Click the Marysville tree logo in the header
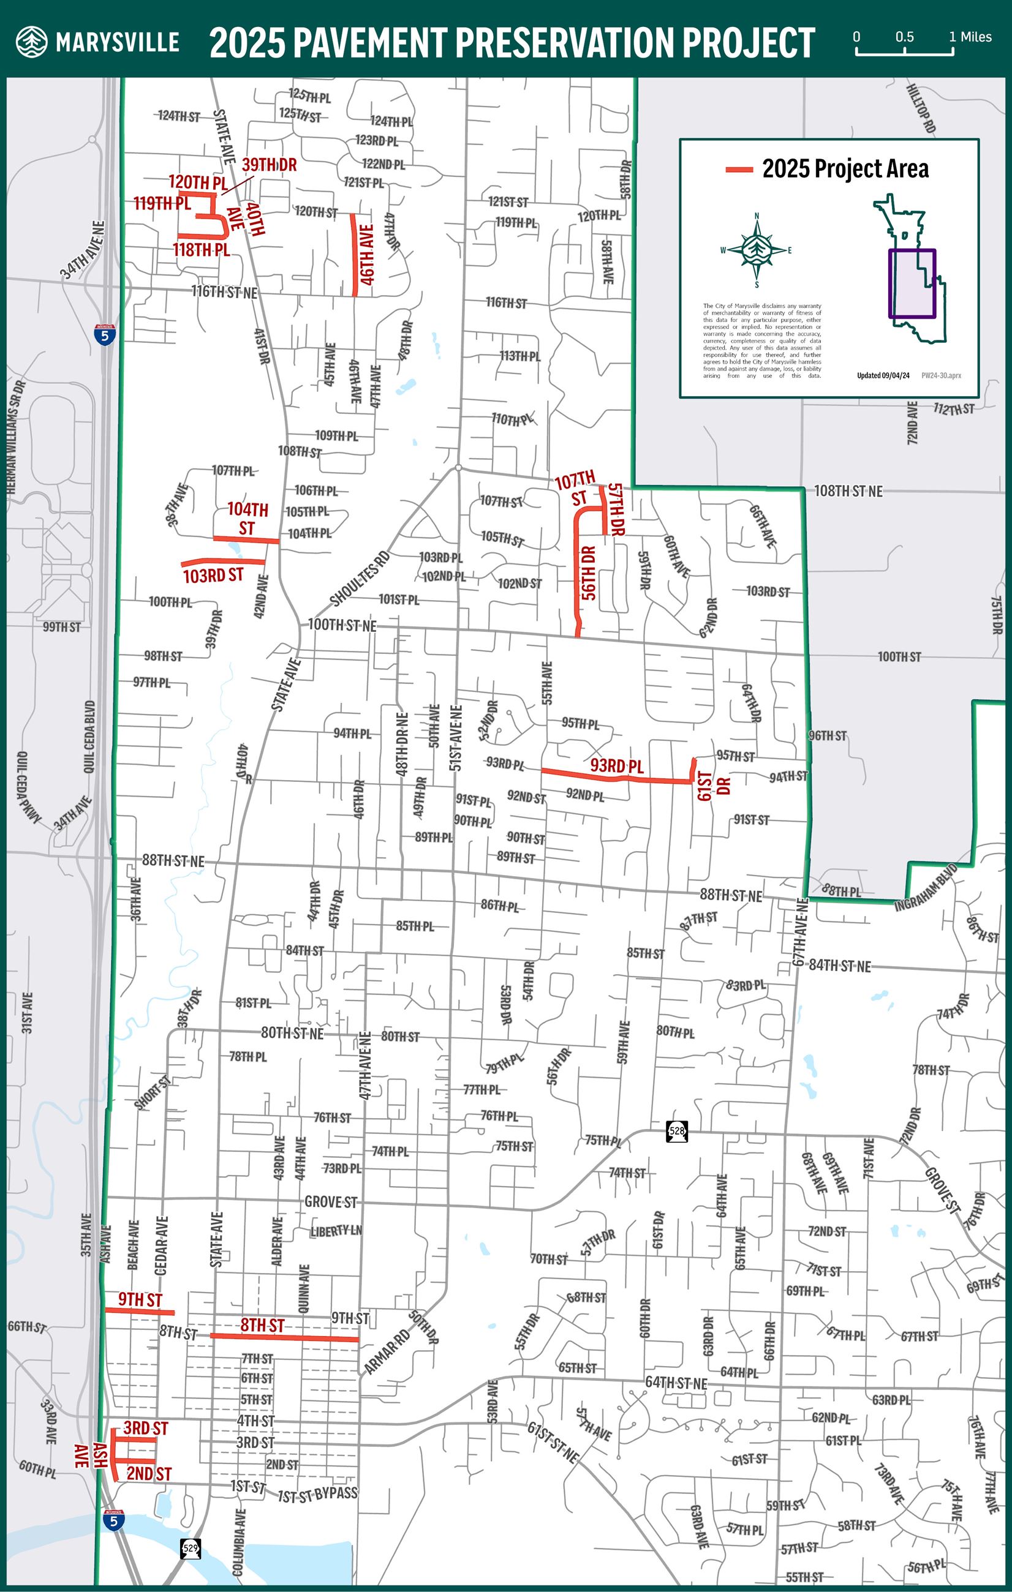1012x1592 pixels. coord(32,42)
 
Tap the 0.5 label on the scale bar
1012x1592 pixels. coord(904,37)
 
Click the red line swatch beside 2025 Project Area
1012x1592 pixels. coord(739,170)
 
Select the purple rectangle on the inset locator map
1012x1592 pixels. coord(912,283)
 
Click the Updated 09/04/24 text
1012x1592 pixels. coord(883,375)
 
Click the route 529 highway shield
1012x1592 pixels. coord(191,1548)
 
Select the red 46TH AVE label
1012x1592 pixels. coord(366,255)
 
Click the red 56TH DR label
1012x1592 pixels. coord(589,573)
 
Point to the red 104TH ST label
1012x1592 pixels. coord(247,519)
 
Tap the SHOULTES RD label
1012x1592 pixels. coord(360,579)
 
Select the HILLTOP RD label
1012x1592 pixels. coord(920,108)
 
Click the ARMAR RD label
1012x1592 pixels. coord(388,1351)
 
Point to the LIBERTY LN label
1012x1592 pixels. coord(336,1230)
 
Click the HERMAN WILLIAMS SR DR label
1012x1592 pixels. coord(15,437)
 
